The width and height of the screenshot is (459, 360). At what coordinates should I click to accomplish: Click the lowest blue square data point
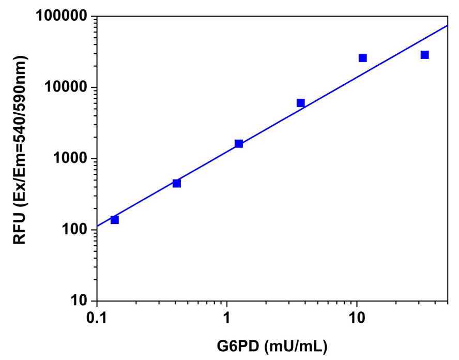click(x=115, y=220)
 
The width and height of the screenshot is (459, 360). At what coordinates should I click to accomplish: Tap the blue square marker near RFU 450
click(x=177, y=183)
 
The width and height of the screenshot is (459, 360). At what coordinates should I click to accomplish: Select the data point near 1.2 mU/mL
click(x=239, y=143)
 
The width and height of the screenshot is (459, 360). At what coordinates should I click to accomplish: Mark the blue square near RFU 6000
click(x=301, y=103)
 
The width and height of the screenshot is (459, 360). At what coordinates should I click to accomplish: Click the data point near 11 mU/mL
click(x=363, y=58)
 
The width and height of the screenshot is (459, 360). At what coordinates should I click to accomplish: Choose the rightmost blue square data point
click(x=425, y=55)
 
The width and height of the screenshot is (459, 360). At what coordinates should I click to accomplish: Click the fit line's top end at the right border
click(x=447, y=25)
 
